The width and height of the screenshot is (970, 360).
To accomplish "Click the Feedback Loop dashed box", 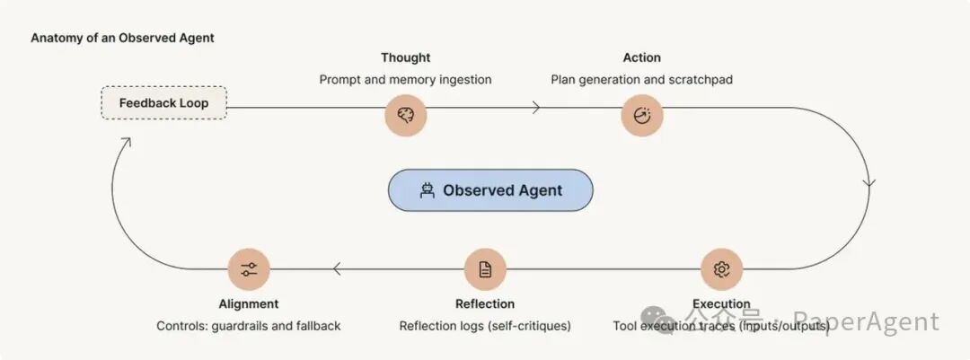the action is click(x=164, y=102).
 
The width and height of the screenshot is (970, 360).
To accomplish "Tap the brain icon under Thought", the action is click(x=406, y=115).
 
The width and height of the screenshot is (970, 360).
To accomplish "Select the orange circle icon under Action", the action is click(x=642, y=115).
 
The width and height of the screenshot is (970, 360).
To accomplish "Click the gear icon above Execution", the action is click(x=721, y=269).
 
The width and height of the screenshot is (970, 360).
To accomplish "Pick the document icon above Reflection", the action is click(x=485, y=269).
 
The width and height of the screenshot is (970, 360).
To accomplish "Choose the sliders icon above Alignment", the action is click(x=249, y=269).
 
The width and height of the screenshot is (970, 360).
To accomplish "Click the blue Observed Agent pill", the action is click(x=490, y=190).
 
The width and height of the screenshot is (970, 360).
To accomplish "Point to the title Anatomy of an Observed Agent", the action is click(x=122, y=38).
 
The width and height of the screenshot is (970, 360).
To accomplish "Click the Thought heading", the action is click(x=406, y=57).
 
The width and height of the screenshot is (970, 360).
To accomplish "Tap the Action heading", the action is click(x=642, y=57).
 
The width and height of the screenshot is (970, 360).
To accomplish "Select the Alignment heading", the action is click(x=249, y=303).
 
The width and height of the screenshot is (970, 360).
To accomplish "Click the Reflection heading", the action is click(x=485, y=303).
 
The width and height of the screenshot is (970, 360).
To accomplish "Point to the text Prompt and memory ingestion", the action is click(x=406, y=80).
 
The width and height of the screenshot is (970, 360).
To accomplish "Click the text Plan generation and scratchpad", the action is click(x=642, y=80).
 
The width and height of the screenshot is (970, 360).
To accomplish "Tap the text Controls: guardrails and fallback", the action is click(x=249, y=325).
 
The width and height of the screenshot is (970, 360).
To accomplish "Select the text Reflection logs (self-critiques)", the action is click(x=485, y=325).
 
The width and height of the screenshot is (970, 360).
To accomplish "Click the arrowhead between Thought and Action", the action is click(x=536, y=108).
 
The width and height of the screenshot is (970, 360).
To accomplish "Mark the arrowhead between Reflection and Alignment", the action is click(x=337, y=269).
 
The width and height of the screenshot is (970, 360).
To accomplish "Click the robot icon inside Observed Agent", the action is click(x=427, y=190).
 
